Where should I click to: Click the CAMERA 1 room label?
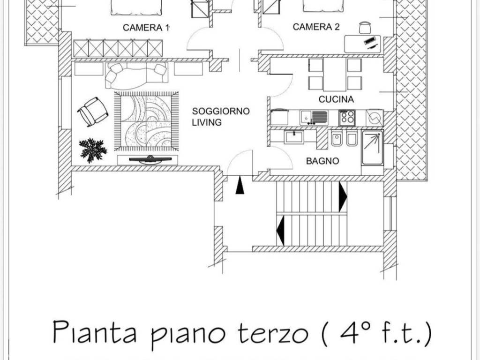coord(146,28)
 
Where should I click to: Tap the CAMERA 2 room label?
coord(316,27)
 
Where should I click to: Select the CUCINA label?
coord(336,99)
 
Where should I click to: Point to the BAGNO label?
coord(322,161)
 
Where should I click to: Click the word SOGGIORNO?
coord(221,111)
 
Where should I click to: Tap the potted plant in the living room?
coord(93,150)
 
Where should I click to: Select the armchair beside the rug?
coord(93,112)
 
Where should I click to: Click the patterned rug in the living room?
coord(146,121)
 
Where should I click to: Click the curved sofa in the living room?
coord(136,75)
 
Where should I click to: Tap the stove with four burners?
coord(347,118)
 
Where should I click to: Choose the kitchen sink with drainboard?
coord(314,118)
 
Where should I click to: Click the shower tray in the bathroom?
coord(372,148)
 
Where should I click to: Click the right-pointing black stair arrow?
coord(343,197)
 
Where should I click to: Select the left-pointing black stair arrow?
coord(280,231)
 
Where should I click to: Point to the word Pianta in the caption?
coord(95,332)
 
